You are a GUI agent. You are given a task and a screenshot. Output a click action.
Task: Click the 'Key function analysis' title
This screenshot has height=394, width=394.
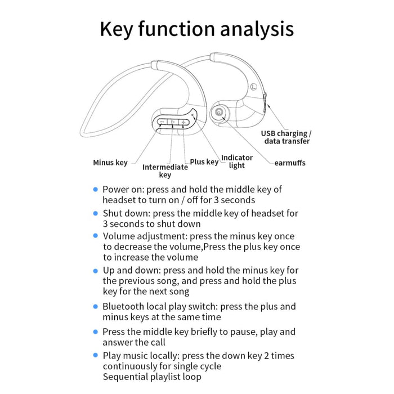[x=196, y=29]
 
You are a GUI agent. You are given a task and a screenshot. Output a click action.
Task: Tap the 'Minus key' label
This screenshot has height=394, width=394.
[x=110, y=163]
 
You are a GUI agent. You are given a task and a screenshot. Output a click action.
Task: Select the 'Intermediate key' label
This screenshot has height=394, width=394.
[x=164, y=171]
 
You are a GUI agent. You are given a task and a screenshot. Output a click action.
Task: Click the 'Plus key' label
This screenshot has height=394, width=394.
[x=204, y=162]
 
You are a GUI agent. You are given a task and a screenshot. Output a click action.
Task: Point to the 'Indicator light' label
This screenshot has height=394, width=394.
[x=236, y=162]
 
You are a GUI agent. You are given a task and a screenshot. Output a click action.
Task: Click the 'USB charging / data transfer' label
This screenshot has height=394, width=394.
[x=286, y=137]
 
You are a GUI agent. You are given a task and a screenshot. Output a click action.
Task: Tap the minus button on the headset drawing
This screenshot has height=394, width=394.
[x=162, y=122]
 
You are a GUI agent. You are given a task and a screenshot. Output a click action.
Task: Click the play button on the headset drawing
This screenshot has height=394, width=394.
[x=173, y=122]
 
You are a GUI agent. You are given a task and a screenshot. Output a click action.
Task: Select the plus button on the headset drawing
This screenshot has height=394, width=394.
[x=183, y=122]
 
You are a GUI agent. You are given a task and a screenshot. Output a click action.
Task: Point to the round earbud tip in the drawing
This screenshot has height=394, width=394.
[x=217, y=113]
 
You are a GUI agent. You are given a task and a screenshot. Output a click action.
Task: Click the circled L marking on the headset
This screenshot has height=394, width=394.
[x=254, y=87]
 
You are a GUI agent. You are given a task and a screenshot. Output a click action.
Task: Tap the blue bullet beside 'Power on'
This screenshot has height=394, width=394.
[x=95, y=190]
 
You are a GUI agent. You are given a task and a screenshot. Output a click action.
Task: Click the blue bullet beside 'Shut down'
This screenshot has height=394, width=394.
[x=95, y=213]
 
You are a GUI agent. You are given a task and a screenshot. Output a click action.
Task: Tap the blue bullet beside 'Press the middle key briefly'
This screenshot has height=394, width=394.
[x=95, y=332]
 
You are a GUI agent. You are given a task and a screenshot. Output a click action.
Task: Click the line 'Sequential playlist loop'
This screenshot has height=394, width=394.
[x=151, y=377]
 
